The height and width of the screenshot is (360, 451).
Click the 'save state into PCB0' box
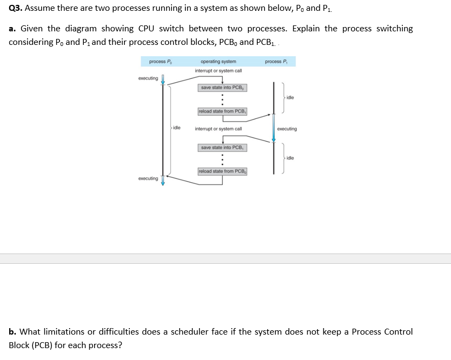tap(222, 88)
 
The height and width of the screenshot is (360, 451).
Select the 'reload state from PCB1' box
tap(222, 111)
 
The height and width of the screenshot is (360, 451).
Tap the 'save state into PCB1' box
tap(222, 148)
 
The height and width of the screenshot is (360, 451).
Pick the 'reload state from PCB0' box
tap(222, 171)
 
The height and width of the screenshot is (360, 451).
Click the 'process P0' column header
tap(160, 62)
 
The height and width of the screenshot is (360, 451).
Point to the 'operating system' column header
tap(218, 62)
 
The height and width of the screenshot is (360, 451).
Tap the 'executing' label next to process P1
tap(287, 129)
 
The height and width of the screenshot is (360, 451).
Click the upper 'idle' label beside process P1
tap(290, 98)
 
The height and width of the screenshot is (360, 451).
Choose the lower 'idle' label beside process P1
tap(290, 158)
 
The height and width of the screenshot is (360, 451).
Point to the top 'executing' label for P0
tap(148, 78)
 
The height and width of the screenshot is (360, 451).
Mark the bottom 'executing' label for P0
tap(148, 178)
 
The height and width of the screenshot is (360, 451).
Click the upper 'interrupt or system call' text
tap(218, 71)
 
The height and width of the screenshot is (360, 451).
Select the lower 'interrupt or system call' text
tap(218, 129)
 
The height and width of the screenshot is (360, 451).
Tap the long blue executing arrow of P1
tap(274, 128)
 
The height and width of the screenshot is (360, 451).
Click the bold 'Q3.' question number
tap(16, 9)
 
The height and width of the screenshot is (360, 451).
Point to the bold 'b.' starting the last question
tap(12, 331)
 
